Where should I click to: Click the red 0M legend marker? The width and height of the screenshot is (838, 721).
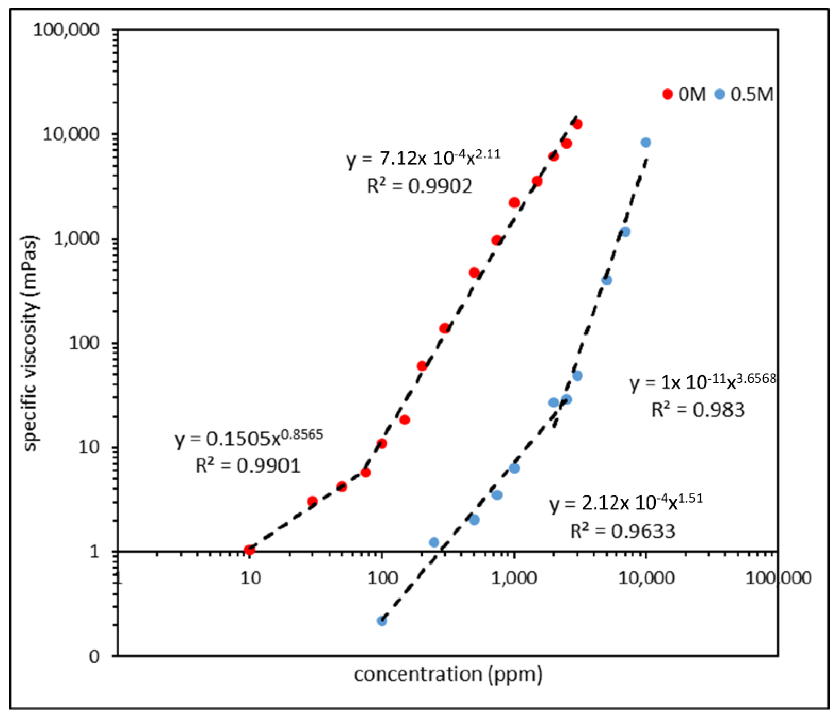coord(667,94)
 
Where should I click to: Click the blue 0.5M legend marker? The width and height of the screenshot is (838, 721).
coord(720,94)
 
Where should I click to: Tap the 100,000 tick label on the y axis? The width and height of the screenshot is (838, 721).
coord(66,30)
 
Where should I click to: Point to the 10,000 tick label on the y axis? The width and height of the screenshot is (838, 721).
coord(71,134)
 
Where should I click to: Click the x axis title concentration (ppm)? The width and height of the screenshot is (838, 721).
coord(448,674)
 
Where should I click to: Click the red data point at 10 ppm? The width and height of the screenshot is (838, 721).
coord(249,550)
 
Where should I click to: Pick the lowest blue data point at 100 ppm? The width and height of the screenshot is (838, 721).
coord(382,621)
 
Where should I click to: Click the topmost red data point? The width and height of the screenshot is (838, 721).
coord(577,125)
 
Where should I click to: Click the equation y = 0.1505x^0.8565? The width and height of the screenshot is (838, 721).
coord(249,438)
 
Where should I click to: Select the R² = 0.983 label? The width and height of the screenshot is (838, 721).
coord(698,410)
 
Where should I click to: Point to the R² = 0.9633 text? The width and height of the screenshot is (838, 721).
coord(623,531)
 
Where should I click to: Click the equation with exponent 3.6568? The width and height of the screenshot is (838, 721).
coord(703,382)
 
